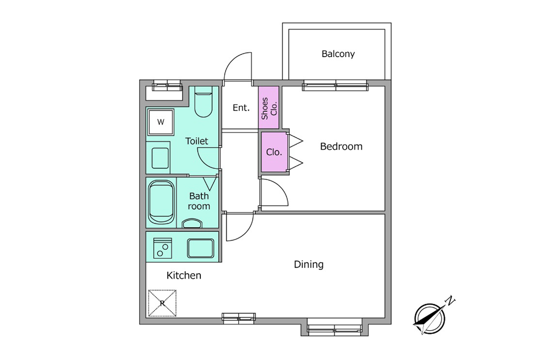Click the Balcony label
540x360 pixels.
pyautogui.click(x=338, y=54)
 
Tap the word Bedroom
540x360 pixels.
pyautogui.click(x=341, y=146)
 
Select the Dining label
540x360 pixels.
pyautogui.click(x=309, y=265)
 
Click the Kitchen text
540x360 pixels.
pyautogui.click(x=184, y=275)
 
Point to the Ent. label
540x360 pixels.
pyautogui.click(x=241, y=108)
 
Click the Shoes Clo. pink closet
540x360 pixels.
pyautogui.click(x=269, y=107)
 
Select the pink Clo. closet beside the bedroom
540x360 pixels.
pyautogui.click(x=274, y=152)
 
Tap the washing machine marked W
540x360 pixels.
pyautogui.click(x=161, y=122)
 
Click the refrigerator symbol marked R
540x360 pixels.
pyautogui.click(x=162, y=303)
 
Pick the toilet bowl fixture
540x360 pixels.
pyautogui.click(x=203, y=102)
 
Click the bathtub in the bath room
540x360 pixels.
pyautogui.click(x=161, y=202)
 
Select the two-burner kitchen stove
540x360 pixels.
pyautogui.click(x=162, y=248)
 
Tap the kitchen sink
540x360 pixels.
pyautogui.click(x=200, y=248)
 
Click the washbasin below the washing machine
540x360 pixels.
pyautogui.click(x=160, y=158)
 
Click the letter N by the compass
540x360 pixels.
pyautogui.click(x=450, y=301)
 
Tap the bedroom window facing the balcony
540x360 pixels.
pyautogui.click(x=335, y=85)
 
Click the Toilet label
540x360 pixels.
pyautogui.click(x=197, y=141)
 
